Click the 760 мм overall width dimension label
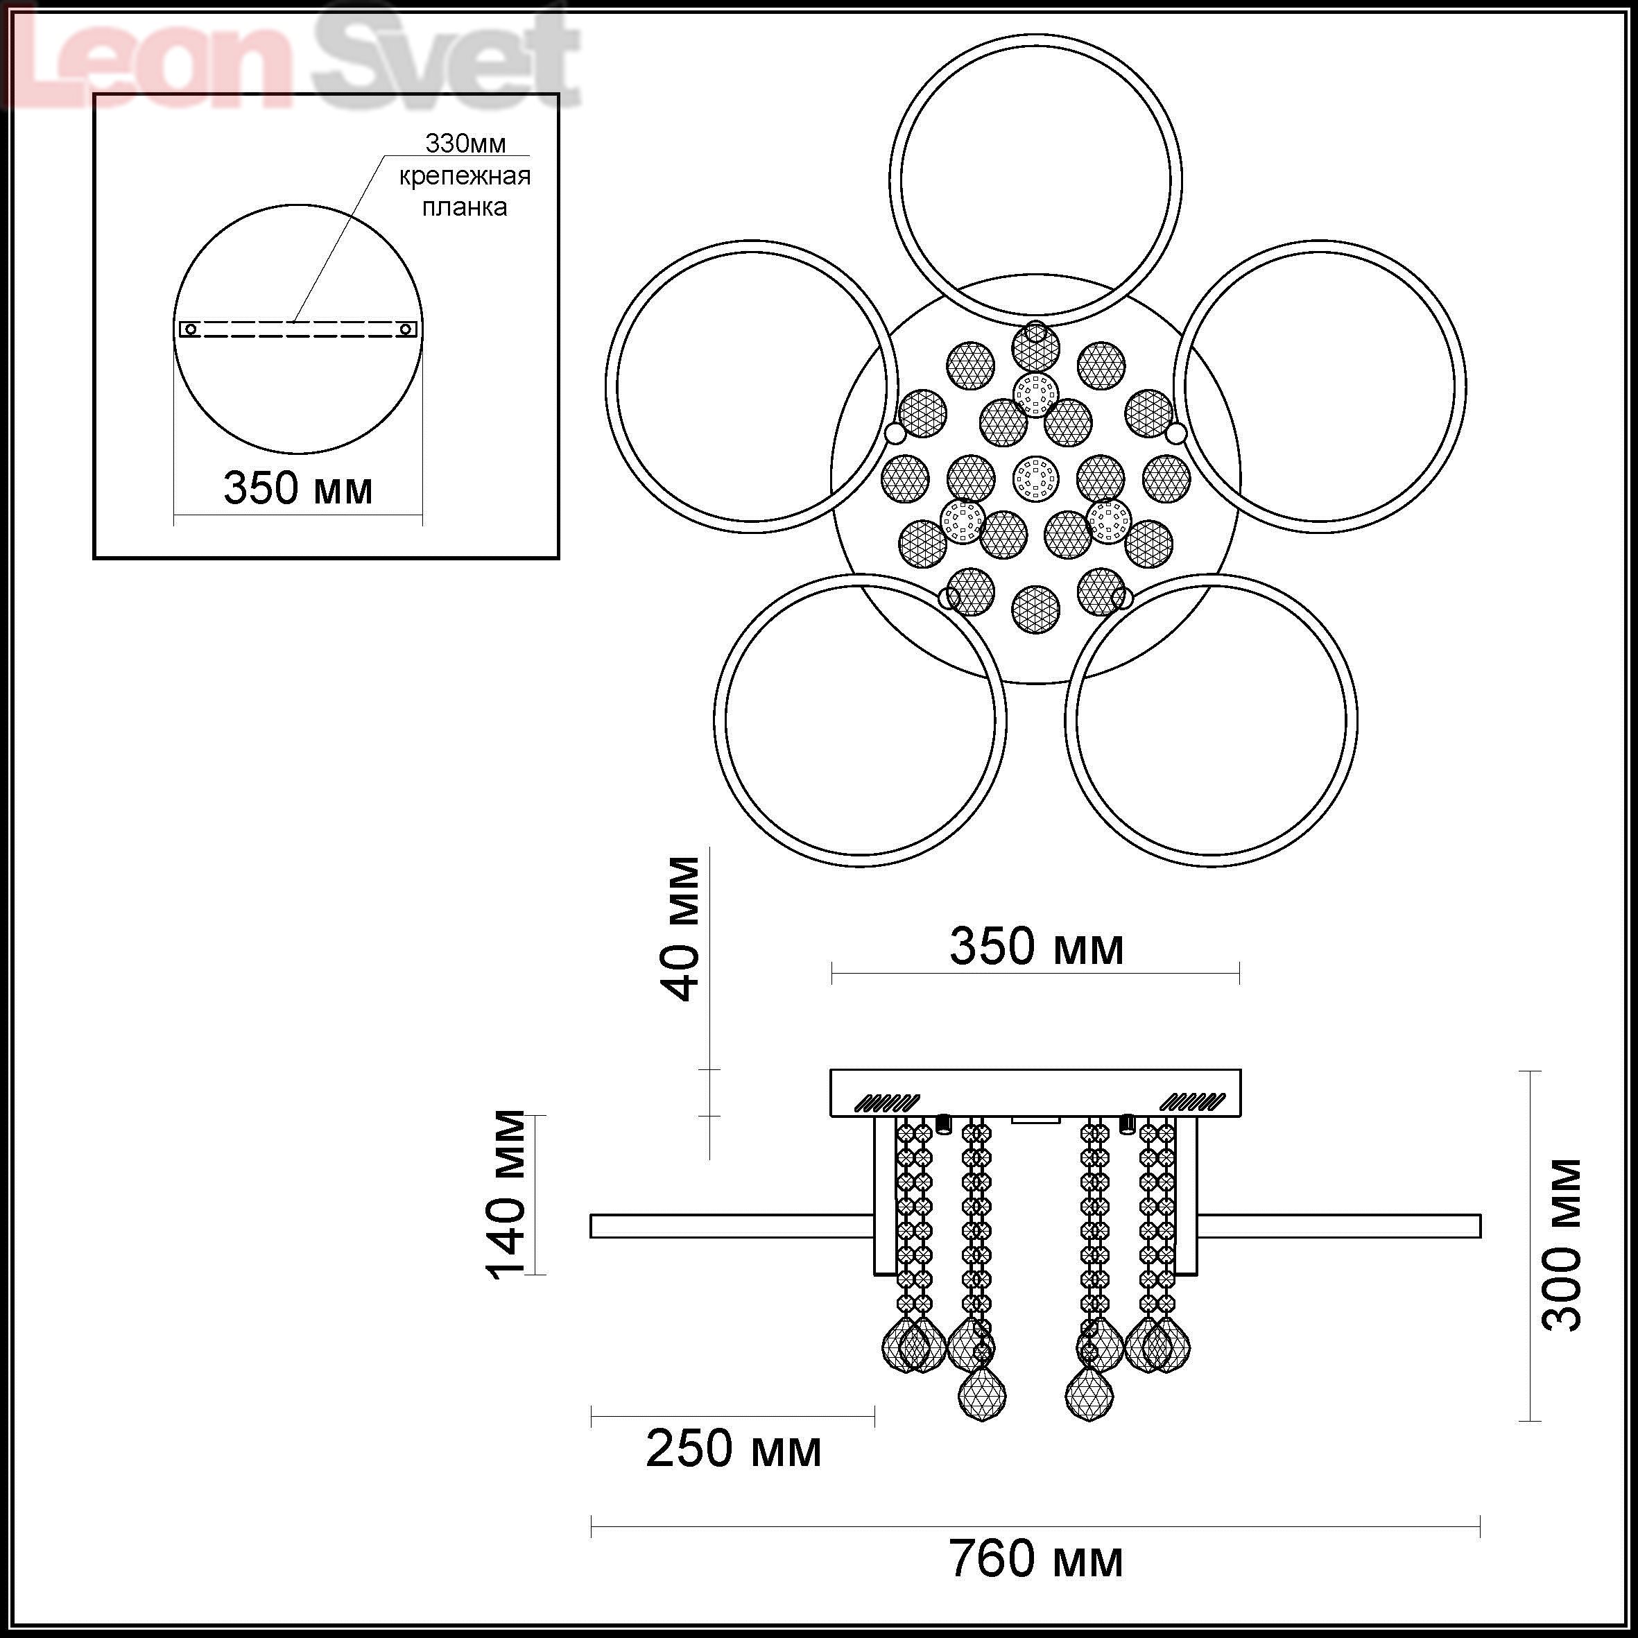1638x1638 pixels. tap(1036, 1559)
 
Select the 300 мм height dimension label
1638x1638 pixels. tap(1561, 1245)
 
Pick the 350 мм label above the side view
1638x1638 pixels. tap(1036, 947)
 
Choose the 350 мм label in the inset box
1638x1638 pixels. tap(298, 488)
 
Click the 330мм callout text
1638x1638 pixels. tap(465, 144)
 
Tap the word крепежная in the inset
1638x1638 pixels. tap(465, 176)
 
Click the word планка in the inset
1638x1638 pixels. tap(465, 207)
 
